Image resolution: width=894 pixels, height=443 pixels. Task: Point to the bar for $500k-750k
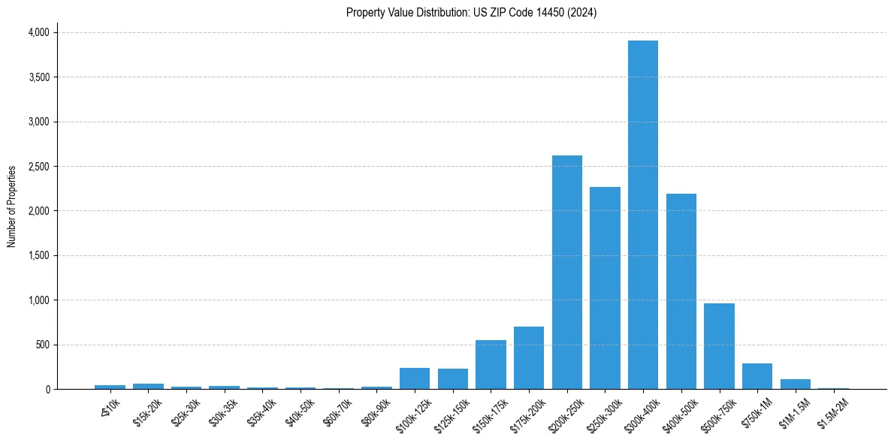click(x=719, y=346)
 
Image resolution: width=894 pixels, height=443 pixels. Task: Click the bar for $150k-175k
click(x=491, y=365)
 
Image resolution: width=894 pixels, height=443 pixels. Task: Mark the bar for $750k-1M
click(x=757, y=376)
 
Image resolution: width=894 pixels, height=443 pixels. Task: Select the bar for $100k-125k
click(x=415, y=378)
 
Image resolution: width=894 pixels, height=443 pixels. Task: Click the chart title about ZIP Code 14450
click(x=471, y=13)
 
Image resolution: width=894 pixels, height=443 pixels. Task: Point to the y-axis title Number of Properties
click(x=12, y=206)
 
